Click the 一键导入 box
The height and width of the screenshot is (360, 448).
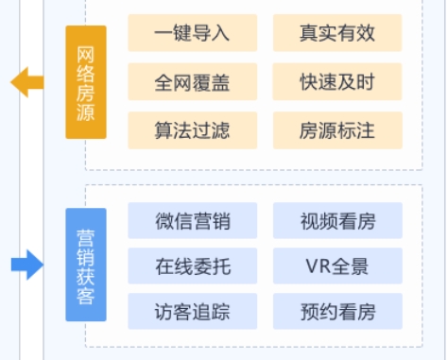(192, 34)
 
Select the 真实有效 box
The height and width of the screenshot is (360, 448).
(337, 34)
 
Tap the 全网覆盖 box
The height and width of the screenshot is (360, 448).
(192, 82)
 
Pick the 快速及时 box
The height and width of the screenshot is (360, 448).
(337, 82)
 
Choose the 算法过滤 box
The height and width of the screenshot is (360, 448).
(192, 130)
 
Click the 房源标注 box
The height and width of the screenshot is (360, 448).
(337, 130)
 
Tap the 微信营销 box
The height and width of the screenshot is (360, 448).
(192, 221)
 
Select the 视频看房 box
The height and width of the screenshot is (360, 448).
(337, 221)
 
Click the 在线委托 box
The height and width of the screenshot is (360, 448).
(192, 266)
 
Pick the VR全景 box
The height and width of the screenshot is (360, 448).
(337, 266)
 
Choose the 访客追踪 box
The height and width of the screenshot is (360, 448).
(192, 311)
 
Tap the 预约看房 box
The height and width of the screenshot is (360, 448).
(337, 311)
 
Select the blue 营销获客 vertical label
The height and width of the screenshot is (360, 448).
(86, 266)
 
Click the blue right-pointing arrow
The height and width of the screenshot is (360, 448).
(27, 266)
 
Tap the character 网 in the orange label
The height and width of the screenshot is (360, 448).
(86, 50)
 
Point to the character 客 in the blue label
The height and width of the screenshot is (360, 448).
(86, 299)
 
